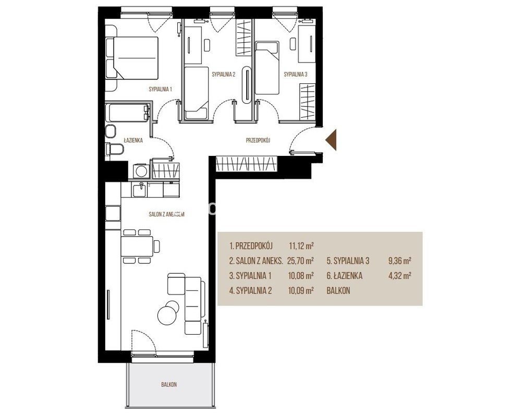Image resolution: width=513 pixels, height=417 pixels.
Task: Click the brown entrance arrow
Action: tap(332, 140)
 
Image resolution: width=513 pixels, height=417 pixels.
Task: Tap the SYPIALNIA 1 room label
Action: tap(161, 89)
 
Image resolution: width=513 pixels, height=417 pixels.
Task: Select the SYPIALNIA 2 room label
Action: tap(224, 74)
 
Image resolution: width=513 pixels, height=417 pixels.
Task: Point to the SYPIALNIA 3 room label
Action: tap(296, 74)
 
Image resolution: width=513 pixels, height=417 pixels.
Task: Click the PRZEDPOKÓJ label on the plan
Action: tap(258, 140)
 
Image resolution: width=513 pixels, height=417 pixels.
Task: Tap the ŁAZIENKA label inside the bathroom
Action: tap(133, 140)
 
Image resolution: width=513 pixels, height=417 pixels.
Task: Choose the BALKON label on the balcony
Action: tap(169, 385)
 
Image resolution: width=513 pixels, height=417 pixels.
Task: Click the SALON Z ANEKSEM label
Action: tap(166, 215)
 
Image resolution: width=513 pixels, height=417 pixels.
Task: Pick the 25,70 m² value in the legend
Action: tap(300, 261)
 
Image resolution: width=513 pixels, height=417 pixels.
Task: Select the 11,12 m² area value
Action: tap(301, 246)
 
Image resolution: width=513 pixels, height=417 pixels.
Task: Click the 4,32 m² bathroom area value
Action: tap(399, 276)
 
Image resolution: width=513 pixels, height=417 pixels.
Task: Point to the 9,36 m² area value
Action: tap(399, 261)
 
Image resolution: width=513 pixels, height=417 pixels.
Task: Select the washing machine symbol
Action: tap(141, 171)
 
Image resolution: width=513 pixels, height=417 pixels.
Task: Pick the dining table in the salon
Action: tap(137, 246)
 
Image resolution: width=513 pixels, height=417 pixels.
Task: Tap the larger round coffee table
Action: tap(167, 315)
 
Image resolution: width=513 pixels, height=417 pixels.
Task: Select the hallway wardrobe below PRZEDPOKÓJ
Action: tap(246, 164)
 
